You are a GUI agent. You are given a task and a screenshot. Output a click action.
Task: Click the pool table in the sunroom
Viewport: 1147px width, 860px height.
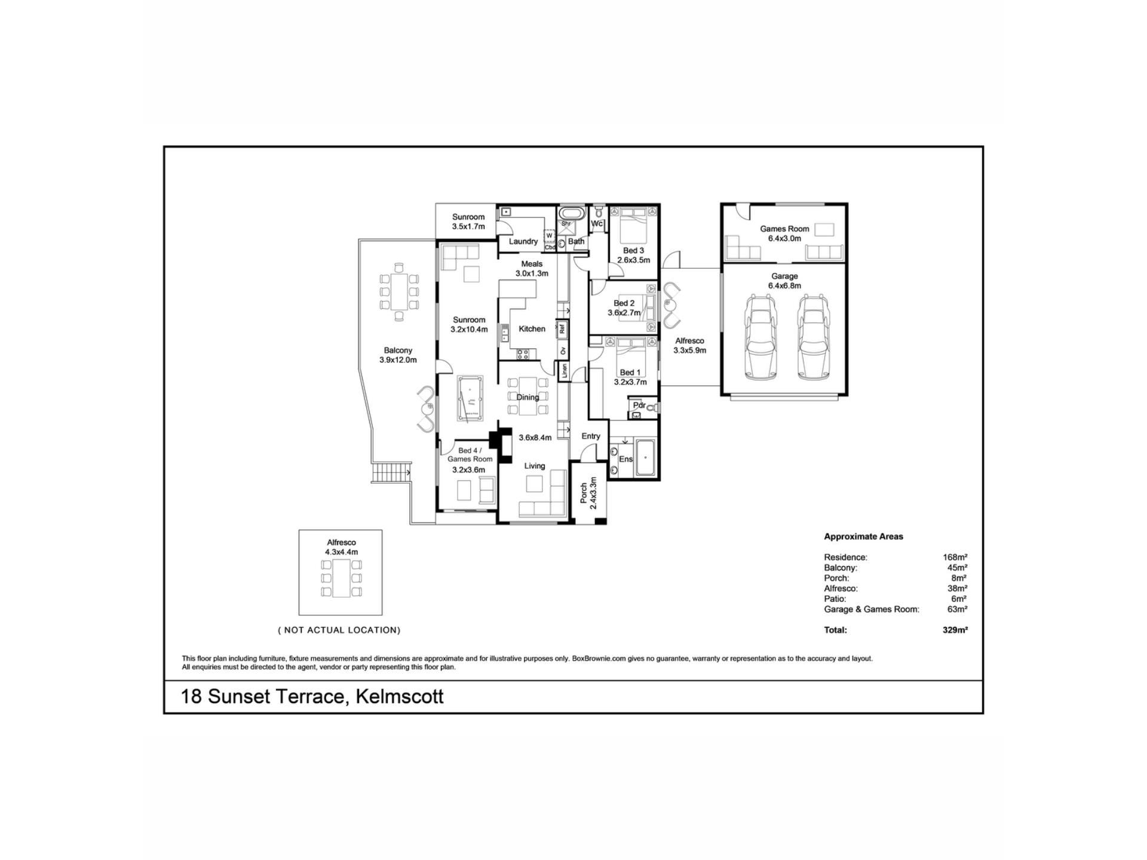470,398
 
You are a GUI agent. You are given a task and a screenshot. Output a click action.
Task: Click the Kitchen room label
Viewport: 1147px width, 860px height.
532,329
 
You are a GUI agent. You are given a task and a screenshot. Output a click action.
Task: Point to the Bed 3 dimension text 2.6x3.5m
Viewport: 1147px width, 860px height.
633,260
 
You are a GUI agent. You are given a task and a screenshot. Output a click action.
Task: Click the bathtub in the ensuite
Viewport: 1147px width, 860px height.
645,458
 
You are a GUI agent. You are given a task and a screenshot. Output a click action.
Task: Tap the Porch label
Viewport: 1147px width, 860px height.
584,493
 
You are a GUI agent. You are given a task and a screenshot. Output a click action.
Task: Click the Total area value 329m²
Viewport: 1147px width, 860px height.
955,629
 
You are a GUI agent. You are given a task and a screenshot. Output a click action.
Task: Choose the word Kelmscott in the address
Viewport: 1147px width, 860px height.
400,696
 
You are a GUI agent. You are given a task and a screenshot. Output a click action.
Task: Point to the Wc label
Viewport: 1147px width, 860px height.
597,224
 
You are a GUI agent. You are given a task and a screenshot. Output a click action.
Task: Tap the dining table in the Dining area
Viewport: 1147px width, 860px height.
527,395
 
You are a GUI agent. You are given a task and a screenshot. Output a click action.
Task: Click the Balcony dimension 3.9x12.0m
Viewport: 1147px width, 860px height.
398,360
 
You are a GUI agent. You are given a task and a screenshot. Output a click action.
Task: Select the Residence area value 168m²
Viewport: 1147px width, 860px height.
955,557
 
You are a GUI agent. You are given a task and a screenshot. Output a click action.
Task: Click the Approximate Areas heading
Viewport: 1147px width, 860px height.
863,536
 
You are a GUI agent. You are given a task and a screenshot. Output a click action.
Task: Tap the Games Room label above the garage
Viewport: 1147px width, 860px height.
784,229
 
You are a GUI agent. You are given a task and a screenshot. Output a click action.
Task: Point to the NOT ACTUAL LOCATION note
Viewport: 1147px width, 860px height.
339,630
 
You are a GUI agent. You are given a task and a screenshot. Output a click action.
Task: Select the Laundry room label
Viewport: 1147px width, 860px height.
523,241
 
